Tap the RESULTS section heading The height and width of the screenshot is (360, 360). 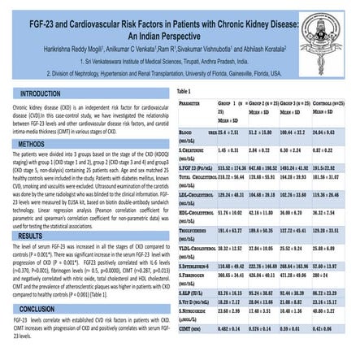point(33,235)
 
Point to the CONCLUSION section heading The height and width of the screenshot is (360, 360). point(39,309)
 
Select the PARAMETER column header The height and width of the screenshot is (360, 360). point(191,105)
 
